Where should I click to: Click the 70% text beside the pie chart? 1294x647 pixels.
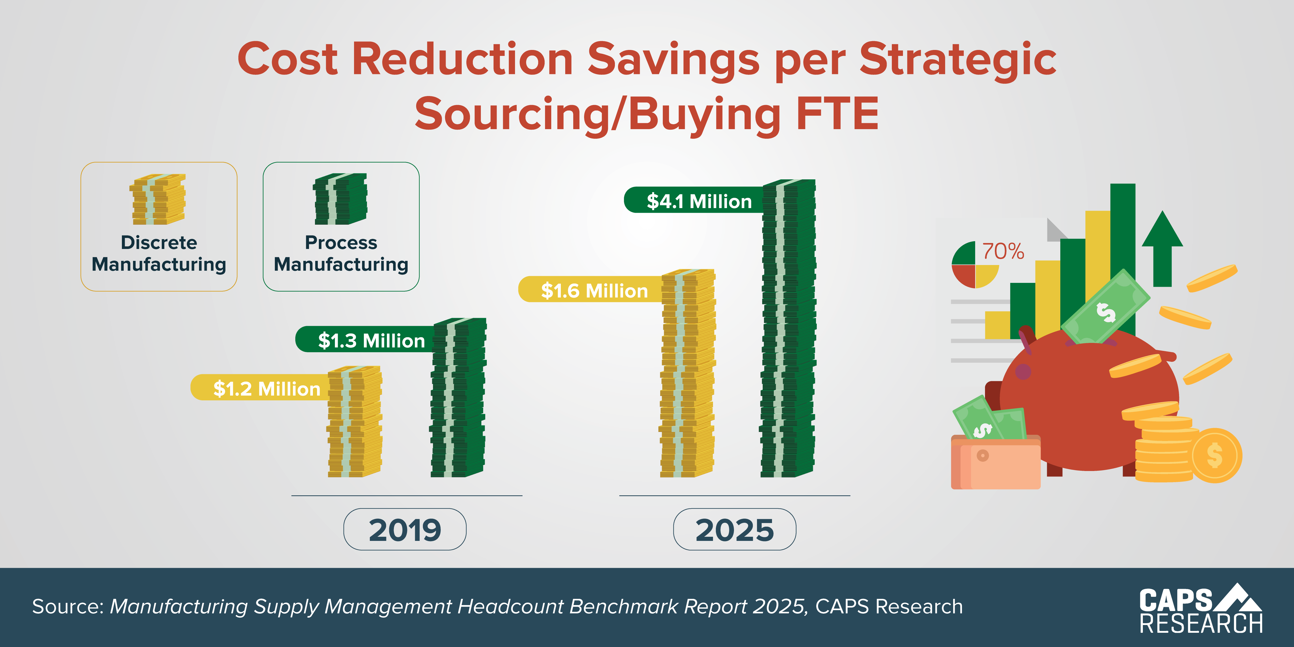(x=1003, y=251)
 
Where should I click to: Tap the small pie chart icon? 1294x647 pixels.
(x=975, y=265)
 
